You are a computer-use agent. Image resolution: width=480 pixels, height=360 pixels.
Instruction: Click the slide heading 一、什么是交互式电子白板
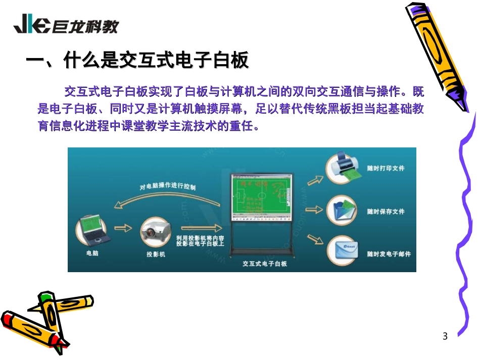[137, 61]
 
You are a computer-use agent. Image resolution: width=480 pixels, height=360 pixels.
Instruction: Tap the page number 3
[445, 336]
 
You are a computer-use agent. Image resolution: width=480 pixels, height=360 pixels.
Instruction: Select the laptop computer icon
[90, 230]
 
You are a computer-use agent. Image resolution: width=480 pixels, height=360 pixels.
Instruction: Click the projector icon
[154, 232]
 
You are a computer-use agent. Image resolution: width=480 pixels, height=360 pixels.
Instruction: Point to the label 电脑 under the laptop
[92, 253]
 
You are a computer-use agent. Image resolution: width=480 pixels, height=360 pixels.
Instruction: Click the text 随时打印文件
[386, 168]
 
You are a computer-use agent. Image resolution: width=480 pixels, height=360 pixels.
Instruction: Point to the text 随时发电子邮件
[389, 254]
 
